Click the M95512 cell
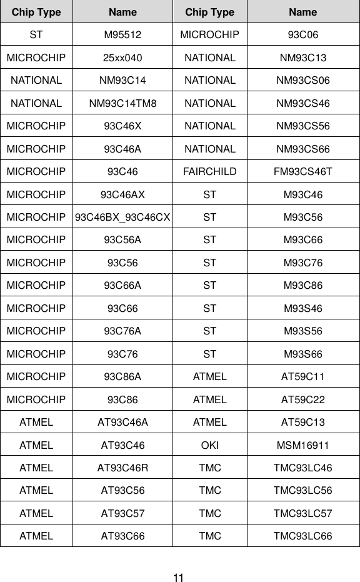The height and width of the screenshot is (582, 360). tap(122, 35)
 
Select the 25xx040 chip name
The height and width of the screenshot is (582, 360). tap(122, 58)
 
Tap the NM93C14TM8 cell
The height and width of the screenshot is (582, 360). tap(122, 103)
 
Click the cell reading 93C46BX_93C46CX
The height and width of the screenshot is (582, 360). tap(122, 217)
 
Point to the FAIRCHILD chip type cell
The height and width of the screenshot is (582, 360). tap(210, 171)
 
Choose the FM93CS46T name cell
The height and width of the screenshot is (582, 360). tap(303, 171)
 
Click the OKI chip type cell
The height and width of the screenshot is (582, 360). tap(210, 444)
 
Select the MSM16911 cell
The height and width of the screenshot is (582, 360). tap(303, 444)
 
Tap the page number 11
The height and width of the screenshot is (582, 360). tap(179, 578)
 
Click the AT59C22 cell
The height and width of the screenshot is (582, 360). tap(303, 399)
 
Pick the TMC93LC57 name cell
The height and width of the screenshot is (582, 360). tap(303, 513)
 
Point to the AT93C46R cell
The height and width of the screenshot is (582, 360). tap(122, 468)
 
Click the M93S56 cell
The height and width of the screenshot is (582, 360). tap(303, 331)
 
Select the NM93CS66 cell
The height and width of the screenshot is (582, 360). tap(303, 149)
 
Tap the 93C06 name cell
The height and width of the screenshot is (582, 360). tap(303, 35)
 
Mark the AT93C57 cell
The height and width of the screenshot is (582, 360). tap(122, 513)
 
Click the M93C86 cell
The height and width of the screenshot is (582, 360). tap(303, 285)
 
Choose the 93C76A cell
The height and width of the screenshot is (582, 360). tap(122, 331)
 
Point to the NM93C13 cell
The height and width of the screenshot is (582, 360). tap(303, 58)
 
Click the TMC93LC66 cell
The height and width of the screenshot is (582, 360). tap(303, 536)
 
